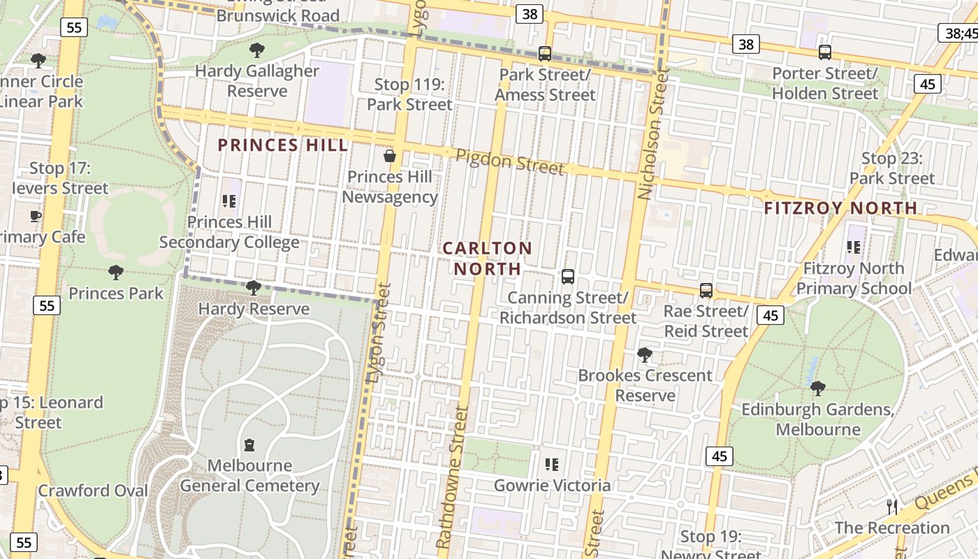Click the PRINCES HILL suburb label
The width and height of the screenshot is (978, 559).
coord(282,145)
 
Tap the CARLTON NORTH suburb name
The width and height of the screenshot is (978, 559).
coord(488,259)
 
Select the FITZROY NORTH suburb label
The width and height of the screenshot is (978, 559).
coord(840,208)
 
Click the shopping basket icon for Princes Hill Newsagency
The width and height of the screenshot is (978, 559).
coord(390,156)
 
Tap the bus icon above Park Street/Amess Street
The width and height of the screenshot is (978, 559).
coord(545,53)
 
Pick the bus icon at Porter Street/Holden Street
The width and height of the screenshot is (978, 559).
coord(824,52)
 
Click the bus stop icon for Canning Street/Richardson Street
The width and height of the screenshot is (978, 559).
coord(567,277)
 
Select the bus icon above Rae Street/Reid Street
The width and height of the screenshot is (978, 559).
coord(706,291)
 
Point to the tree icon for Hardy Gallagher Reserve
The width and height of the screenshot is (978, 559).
coord(256,50)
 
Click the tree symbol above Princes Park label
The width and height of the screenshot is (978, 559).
coord(116,272)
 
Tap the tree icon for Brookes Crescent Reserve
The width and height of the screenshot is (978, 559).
coord(645,355)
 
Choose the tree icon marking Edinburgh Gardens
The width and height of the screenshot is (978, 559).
coord(817,388)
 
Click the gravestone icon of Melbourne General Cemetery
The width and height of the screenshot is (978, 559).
coord(249,445)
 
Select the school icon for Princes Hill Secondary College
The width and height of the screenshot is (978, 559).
coord(229,201)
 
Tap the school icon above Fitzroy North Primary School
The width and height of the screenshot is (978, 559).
coord(853,247)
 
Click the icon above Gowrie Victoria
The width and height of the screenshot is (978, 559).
coord(552,464)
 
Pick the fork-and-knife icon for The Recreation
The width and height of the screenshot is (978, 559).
coord(892,507)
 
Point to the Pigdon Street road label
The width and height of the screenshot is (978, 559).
coord(509,162)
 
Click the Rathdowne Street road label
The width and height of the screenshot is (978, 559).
coord(452,478)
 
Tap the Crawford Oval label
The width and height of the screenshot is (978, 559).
coord(93,491)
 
